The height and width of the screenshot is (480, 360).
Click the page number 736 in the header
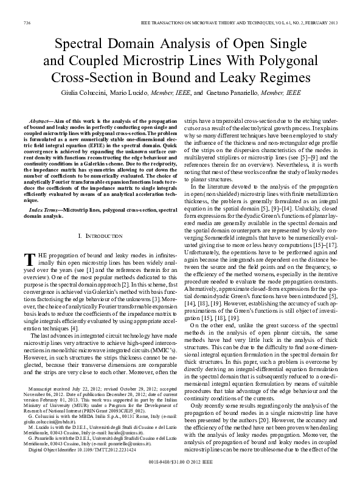[27, 23]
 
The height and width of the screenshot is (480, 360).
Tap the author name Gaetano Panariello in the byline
[229, 94]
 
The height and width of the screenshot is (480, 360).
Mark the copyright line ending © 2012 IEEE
[180, 471]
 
